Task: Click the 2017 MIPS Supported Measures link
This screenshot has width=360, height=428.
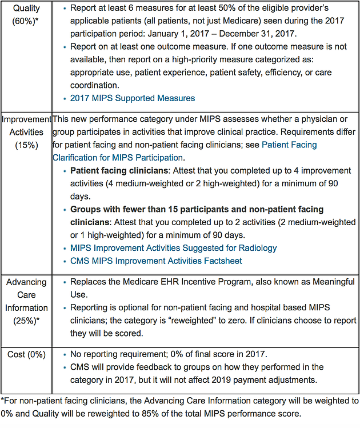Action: click(133, 98)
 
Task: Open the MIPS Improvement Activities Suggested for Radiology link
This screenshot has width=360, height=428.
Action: click(174, 248)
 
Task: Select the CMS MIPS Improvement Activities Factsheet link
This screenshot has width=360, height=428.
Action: click(156, 261)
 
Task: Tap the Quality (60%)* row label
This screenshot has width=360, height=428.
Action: click(26, 14)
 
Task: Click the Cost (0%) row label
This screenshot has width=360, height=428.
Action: click(26, 355)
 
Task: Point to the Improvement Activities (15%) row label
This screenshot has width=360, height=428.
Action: click(26, 132)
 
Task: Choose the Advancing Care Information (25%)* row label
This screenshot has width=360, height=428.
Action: click(26, 301)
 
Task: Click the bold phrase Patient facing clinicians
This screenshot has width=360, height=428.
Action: click(119, 171)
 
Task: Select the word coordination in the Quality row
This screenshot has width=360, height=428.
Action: click(94, 85)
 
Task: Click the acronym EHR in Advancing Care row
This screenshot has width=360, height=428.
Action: click(170, 282)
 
